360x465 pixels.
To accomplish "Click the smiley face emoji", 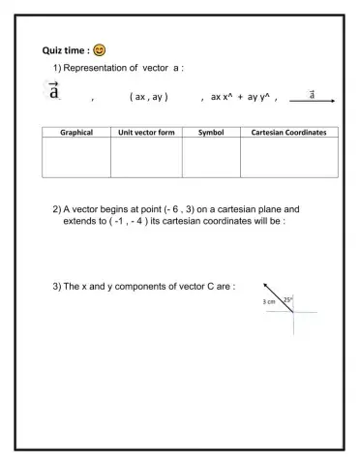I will pyautogui.click(x=100, y=49).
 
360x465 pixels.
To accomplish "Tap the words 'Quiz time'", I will pyautogui.click(x=65, y=49).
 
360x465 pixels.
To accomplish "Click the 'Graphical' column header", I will pyautogui.click(x=76, y=132).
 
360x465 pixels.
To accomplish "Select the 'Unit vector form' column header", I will pyautogui.click(x=146, y=132).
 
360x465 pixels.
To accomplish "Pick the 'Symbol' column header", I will pyautogui.click(x=211, y=132).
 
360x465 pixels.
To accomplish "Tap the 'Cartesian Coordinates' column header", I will pyautogui.click(x=288, y=132).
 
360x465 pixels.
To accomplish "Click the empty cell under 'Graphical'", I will pyautogui.click(x=76, y=157).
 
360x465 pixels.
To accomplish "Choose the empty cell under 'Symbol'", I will pyautogui.click(x=211, y=157).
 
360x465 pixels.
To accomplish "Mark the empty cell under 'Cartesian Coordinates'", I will pyautogui.click(x=288, y=157).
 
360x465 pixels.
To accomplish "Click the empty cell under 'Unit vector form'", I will pyautogui.click(x=146, y=157).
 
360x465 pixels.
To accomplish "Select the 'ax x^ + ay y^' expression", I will pyautogui.click(x=237, y=97).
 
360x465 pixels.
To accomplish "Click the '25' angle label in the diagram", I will pyautogui.click(x=287, y=299).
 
